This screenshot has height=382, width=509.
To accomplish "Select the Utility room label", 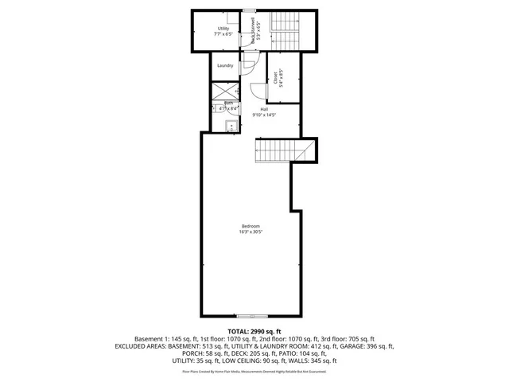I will [x=223, y=29].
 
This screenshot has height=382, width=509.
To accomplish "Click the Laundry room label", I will [x=225, y=65].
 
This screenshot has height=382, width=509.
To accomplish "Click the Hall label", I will [x=263, y=109].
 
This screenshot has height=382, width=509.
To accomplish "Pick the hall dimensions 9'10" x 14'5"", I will [x=263, y=115].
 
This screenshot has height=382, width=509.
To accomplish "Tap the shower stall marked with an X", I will [x=223, y=90].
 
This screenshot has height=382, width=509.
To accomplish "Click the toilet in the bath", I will [x=216, y=110].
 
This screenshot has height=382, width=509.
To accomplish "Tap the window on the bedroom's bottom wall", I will [x=247, y=316].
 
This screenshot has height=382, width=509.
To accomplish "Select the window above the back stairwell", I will [x=249, y=10].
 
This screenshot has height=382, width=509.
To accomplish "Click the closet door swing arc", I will [x=255, y=92].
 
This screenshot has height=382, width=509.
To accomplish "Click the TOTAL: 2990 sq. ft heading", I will [x=254, y=330].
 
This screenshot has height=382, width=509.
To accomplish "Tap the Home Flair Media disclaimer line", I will [x=254, y=371].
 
